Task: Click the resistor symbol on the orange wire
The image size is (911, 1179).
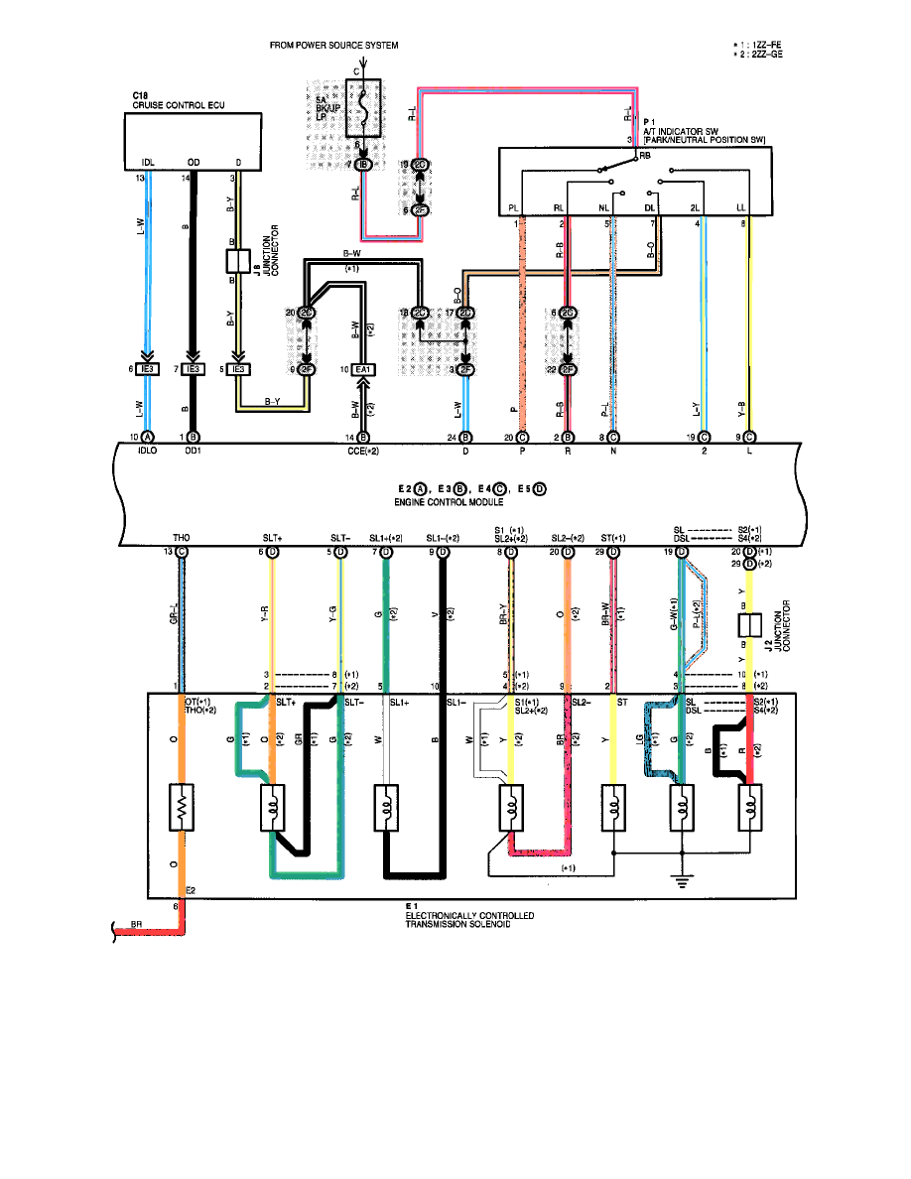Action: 182,811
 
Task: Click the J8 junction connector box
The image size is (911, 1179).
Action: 237,262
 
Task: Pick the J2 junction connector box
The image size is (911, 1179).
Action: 749,625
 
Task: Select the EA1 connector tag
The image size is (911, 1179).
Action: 364,370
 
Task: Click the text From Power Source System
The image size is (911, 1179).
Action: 334,45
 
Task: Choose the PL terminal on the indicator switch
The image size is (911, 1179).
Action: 514,208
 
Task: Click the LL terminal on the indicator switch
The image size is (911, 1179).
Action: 741,208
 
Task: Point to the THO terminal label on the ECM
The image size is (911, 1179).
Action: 181,538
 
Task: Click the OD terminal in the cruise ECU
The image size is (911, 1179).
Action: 194,162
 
